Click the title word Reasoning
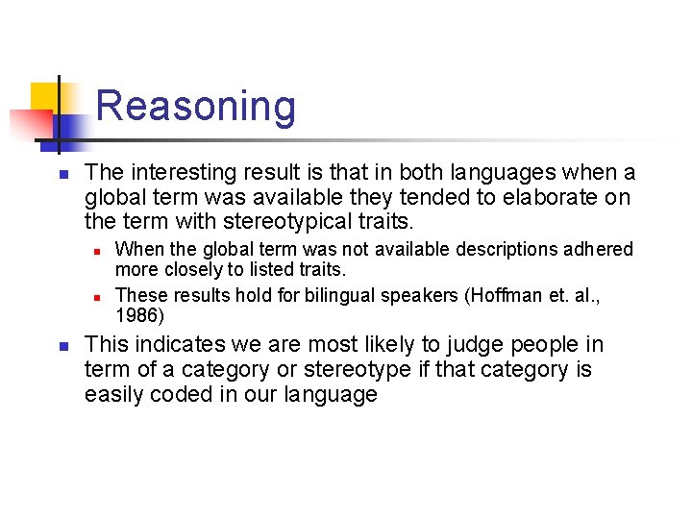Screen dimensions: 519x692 tap(196, 106)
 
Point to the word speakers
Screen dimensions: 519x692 tap(420, 296)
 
